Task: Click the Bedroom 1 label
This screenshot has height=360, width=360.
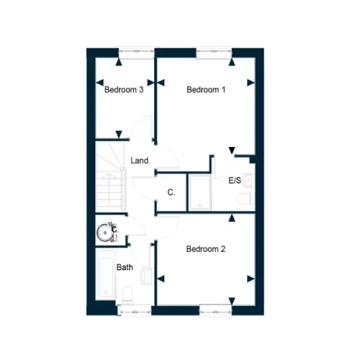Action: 206,90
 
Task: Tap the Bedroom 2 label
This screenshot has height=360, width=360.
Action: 206,249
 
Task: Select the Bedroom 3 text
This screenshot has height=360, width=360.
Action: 124,90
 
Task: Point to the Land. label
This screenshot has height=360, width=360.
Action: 140,161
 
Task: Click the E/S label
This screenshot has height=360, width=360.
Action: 235,181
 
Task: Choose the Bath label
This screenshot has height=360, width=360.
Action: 125,267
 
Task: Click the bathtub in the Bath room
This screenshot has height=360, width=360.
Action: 106,274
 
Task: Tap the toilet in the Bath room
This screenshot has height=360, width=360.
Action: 127,295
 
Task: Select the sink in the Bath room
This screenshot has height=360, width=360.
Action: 147,276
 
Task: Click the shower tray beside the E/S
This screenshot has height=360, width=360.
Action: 200,192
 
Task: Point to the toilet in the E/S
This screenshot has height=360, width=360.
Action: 246,199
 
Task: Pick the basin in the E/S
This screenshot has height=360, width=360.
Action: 248,180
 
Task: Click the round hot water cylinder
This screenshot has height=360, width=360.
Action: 104,233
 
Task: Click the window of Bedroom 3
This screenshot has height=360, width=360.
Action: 137,53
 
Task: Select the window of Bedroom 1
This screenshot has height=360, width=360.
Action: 214,53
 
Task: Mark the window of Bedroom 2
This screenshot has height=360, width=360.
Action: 215,310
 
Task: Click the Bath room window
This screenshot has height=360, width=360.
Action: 135,310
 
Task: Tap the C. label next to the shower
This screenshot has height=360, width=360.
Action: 171,192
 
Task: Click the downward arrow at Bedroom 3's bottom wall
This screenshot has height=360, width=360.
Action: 119,135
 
